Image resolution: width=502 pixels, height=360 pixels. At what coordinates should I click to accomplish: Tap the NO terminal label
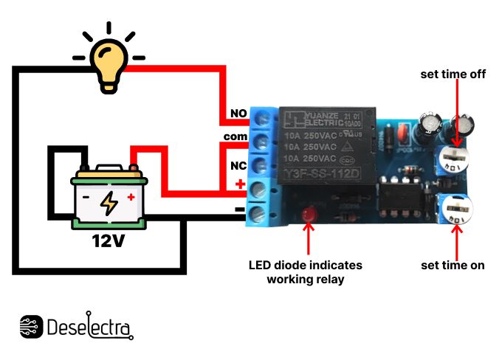[x=238, y=114]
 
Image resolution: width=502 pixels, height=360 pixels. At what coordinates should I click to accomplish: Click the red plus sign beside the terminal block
[x=239, y=184]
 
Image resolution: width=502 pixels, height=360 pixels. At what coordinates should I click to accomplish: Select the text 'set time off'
[x=453, y=75]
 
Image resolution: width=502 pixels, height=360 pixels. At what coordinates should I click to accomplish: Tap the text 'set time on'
[x=453, y=265]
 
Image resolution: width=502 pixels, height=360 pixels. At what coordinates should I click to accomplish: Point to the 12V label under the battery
[x=109, y=241]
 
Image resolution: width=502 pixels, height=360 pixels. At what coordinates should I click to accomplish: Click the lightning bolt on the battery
[x=109, y=202]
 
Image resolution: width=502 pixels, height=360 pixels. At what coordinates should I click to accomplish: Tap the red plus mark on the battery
[x=131, y=197]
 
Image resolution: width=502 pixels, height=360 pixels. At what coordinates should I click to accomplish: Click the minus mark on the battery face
[x=86, y=198]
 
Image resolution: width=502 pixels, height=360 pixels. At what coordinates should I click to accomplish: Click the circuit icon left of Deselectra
[x=31, y=327]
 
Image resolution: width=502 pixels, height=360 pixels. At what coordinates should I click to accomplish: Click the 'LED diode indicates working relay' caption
[x=305, y=271]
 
